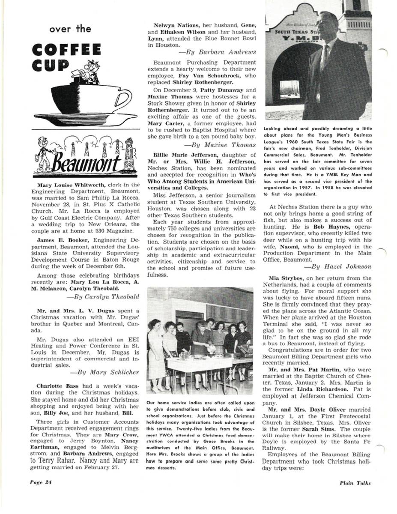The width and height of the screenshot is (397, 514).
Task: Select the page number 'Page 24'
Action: tap(41, 482)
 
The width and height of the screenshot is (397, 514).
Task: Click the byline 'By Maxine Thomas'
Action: tap(220, 145)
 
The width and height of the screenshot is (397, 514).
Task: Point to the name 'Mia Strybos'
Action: tap(283, 278)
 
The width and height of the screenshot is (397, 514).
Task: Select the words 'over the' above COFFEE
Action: tap(70, 29)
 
